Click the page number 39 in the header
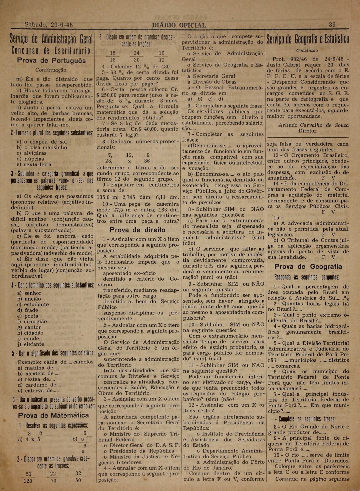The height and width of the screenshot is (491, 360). click(332, 25)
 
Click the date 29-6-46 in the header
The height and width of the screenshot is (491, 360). click(62, 25)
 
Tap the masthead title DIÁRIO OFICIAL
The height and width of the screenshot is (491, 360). click(179, 25)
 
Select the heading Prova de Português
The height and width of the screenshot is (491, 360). click(51, 61)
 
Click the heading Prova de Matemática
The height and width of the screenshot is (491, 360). click(53, 415)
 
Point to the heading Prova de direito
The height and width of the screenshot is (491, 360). click(137, 230)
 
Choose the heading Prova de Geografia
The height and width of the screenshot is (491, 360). click(308, 267)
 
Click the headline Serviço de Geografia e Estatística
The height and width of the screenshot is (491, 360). click(308, 39)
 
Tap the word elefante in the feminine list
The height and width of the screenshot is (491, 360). click(34, 344)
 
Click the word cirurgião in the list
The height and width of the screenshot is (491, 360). click(35, 321)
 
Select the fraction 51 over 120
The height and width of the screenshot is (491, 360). click(28, 477)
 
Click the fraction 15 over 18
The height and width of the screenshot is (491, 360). click(112, 56)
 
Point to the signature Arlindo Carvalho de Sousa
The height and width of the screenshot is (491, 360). click(313, 125)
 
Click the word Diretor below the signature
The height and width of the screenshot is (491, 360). click(307, 131)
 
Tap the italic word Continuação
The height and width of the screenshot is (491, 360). click(51, 70)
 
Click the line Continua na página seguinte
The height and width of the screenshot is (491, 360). click(312, 479)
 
